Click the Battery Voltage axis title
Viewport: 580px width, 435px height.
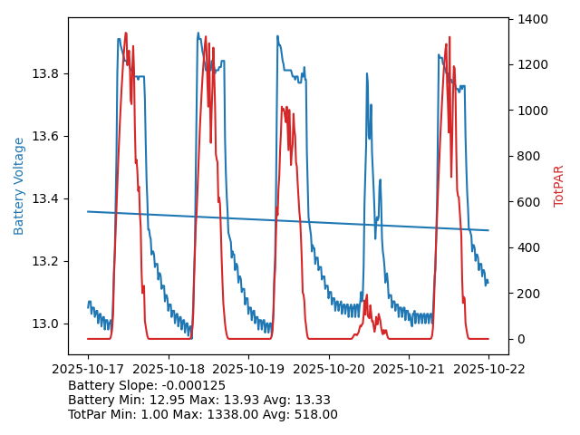click(x=19, y=186)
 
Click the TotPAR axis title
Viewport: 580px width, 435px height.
click(x=559, y=186)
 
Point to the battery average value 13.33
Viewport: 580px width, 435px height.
click(x=313, y=400)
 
